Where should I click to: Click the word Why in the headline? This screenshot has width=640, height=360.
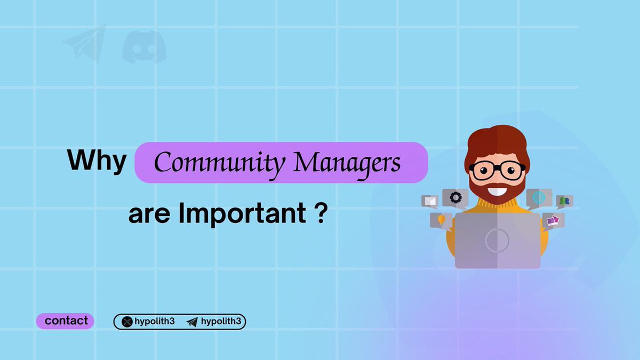(97, 161)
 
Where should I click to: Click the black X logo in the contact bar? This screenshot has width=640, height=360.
(127, 322)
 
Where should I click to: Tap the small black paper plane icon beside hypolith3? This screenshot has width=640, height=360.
(192, 322)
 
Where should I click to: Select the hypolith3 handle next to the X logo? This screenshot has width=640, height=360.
(155, 322)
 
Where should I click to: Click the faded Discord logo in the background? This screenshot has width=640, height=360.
(144, 46)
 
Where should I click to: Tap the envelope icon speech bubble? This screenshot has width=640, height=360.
(430, 201)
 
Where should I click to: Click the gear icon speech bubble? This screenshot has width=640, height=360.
(455, 197)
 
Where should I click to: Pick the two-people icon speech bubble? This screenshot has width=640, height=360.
(564, 201)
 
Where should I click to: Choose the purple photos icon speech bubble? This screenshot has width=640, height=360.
(553, 220)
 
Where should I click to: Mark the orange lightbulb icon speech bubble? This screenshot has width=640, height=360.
(441, 219)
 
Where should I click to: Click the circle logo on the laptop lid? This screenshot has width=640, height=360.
(497, 241)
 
